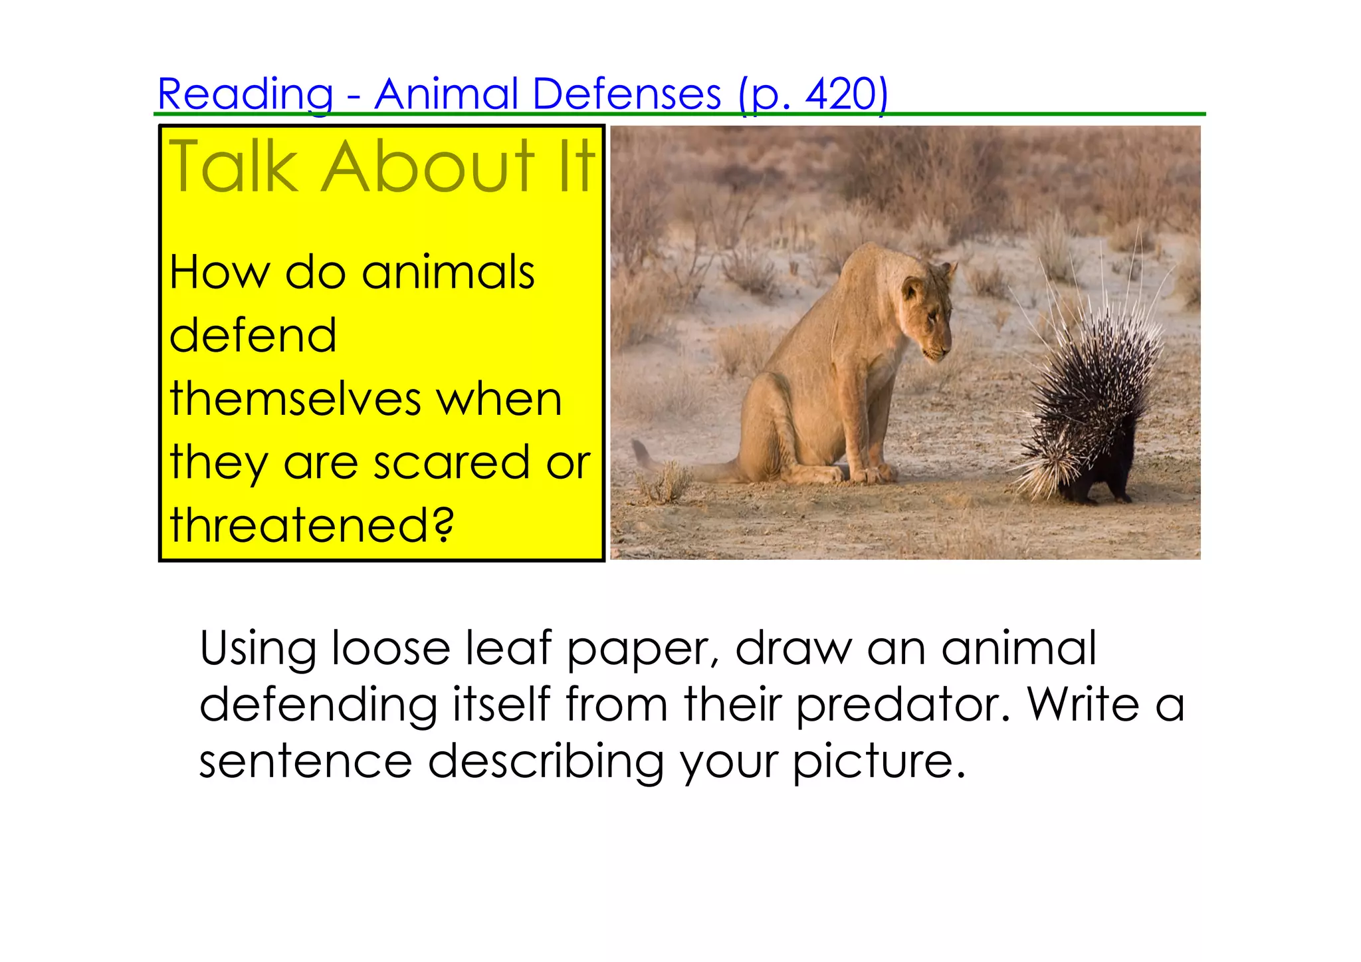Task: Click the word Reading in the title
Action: point(245,94)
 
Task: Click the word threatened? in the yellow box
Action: point(311,525)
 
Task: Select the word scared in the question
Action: point(451,462)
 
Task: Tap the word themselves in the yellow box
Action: point(295,399)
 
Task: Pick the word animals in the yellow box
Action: point(448,273)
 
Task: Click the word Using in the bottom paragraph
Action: point(258,648)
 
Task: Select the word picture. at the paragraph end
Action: point(879,761)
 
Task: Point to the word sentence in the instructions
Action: point(305,761)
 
